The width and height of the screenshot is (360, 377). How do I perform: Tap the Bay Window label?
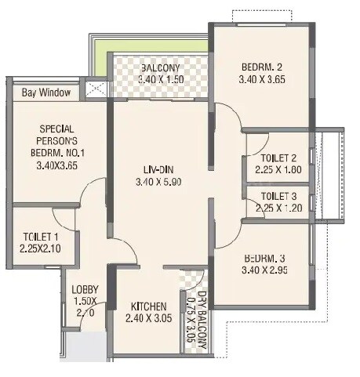(46, 93)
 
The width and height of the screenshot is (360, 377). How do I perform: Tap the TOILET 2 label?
(278, 158)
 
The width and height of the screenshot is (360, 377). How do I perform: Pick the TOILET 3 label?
(278, 196)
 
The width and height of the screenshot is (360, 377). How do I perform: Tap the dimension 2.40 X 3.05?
(148, 319)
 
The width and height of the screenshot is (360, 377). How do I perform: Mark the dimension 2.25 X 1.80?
(278, 170)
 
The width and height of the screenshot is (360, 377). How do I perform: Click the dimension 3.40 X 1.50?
(162, 80)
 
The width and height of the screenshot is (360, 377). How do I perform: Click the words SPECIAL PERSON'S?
(57, 136)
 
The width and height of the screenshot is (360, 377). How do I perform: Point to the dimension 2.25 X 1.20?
(278, 208)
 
